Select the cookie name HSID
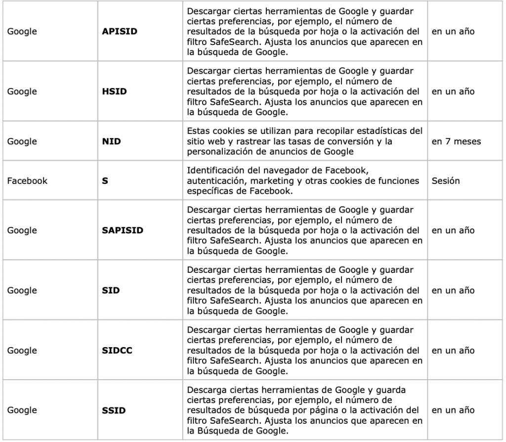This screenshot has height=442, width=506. pos(111,91)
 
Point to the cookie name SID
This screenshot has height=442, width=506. pos(109,290)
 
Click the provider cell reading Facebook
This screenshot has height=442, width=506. pos(27,180)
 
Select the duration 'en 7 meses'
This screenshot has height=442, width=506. pos(456,141)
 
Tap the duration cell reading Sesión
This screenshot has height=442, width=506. pos(446,180)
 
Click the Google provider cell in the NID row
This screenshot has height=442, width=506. pos(22,141)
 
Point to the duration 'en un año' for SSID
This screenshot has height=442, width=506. pos(453,410)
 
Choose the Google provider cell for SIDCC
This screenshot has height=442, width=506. pos(22,351)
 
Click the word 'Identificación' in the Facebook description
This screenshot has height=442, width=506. pos(213,171)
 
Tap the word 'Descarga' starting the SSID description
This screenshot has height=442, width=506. pos(206,390)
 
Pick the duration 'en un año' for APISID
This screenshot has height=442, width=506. pos(453,31)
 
